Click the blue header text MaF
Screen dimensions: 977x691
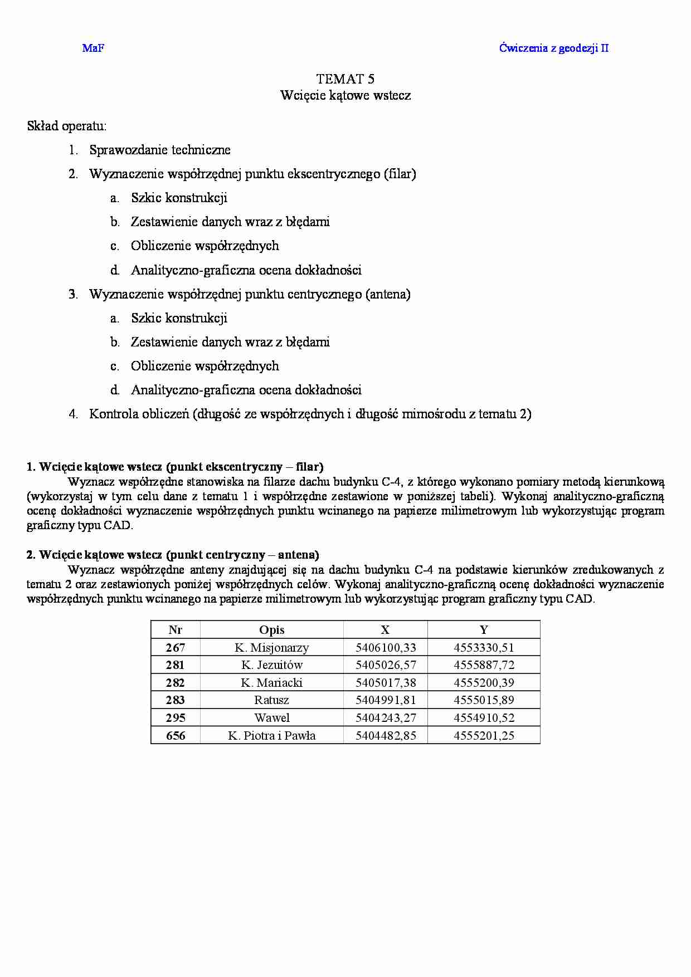click(93, 48)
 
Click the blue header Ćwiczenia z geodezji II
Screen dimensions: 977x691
click(553, 48)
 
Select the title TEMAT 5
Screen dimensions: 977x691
click(345, 79)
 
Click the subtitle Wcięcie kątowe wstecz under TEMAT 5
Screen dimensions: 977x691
click(345, 95)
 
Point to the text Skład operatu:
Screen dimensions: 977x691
click(67, 126)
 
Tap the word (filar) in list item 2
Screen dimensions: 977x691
click(400, 174)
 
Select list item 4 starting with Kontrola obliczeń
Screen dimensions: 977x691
click(310, 414)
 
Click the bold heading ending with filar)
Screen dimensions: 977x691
click(175, 467)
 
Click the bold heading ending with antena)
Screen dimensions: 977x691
click(173, 555)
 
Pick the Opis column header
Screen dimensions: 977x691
click(272, 630)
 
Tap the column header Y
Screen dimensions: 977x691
click(484, 630)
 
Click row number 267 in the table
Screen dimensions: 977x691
click(176, 648)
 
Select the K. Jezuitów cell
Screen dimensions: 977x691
click(272, 665)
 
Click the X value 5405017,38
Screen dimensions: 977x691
click(386, 683)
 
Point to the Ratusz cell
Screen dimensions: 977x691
click(272, 700)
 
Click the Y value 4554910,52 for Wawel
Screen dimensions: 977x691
click(484, 718)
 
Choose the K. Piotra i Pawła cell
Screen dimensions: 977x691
click(272, 736)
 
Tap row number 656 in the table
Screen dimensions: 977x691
click(176, 736)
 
